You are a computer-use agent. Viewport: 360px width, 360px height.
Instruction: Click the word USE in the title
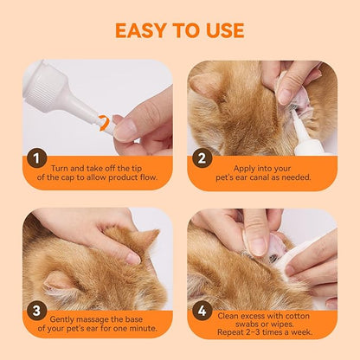click(x=220, y=30)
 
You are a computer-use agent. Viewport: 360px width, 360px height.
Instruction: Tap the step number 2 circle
click(x=201, y=158)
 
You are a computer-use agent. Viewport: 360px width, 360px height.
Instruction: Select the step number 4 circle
click(x=201, y=308)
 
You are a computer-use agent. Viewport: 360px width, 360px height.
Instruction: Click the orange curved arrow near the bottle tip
click(x=105, y=124)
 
